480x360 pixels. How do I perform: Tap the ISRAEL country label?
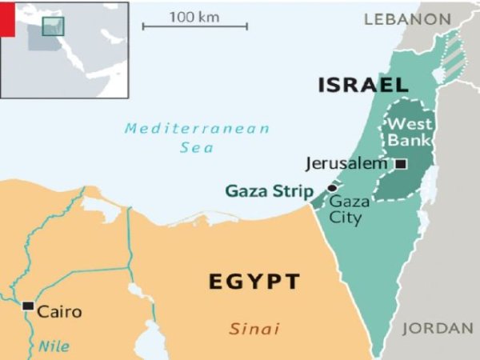363,85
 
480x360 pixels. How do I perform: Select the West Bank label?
409,133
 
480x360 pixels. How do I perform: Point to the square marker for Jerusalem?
401,164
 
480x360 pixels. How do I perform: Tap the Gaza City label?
346,209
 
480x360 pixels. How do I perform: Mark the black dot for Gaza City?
332,189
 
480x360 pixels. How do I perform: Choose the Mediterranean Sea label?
197,138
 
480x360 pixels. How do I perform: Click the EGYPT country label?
254,282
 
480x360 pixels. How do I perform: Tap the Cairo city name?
60,311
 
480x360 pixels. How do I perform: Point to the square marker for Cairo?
28,306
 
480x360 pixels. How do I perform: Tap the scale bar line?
194,26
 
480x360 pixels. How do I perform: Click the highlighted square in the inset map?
53,26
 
